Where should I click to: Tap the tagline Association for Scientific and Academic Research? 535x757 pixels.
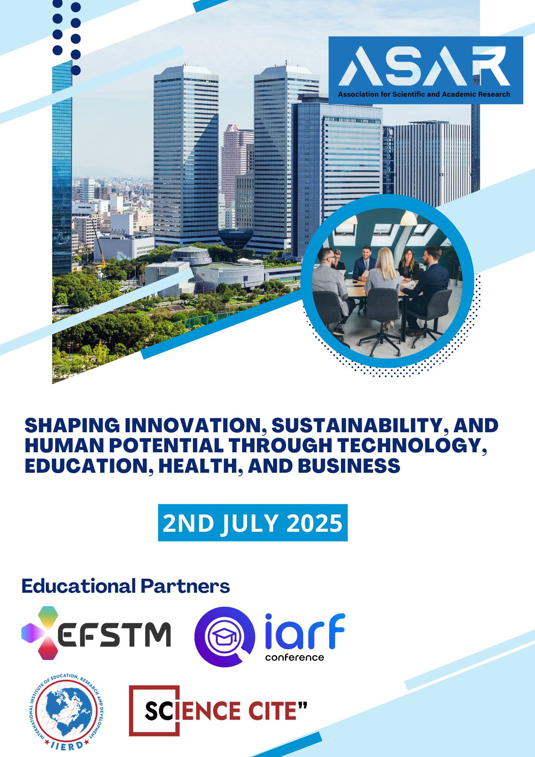pyautogui.click(x=424, y=94)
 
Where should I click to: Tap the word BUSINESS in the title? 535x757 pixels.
pyautogui.click(x=349, y=466)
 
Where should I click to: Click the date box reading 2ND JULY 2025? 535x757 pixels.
pyautogui.click(x=253, y=523)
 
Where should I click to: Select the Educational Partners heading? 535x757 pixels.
pyautogui.click(x=126, y=586)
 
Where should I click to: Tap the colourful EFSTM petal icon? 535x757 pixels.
pyautogui.click(x=40, y=633)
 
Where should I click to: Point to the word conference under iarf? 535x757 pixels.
pyautogui.click(x=294, y=658)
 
